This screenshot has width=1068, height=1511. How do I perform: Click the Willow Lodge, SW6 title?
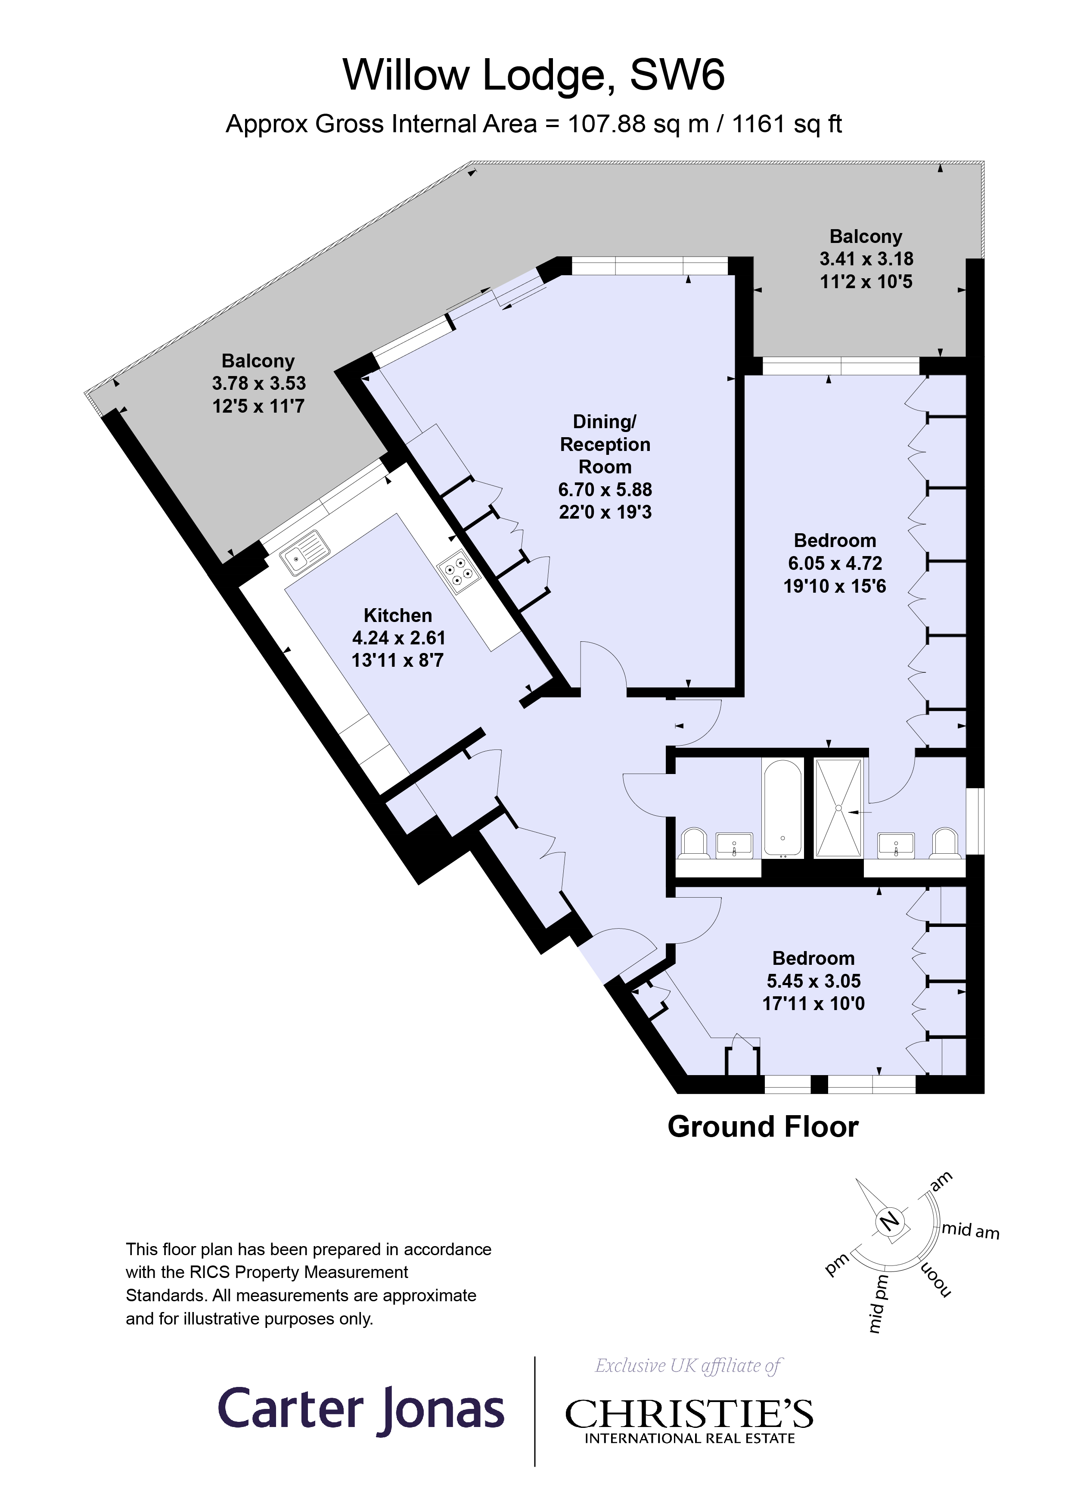tap(533, 75)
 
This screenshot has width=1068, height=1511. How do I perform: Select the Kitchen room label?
tap(397, 616)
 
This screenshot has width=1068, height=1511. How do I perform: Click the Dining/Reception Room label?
tap(605, 444)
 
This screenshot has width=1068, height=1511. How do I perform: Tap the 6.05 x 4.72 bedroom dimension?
tap(835, 563)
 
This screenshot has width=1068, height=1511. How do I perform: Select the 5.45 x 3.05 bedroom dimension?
tap(813, 981)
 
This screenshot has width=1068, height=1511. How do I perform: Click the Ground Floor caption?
tap(763, 1127)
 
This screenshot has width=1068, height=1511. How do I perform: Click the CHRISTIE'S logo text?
tap(689, 1414)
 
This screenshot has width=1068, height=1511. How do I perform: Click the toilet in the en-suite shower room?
tap(945, 844)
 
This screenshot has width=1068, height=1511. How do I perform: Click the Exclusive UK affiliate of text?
tap(688, 1365)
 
